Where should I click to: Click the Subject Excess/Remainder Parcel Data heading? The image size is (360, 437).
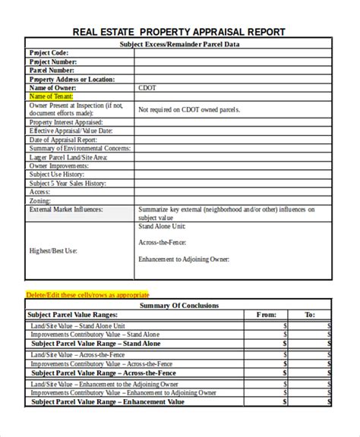pyautogui.click(x=179, y=45)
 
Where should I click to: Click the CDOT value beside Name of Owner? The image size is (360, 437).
pyautogui.click(x=147, y=87)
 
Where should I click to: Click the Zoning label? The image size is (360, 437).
pyautogui.click(x=40, y=200)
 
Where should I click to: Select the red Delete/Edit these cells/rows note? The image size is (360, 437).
pyautogui.click(x=87, y=294)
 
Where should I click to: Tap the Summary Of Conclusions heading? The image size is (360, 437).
pyautogui.click(x=179, y=305)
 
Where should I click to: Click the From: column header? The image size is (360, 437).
pyautogui.click(x=267, y=314)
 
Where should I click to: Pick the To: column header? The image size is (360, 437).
pyautogui.click(x=310, y=314)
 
